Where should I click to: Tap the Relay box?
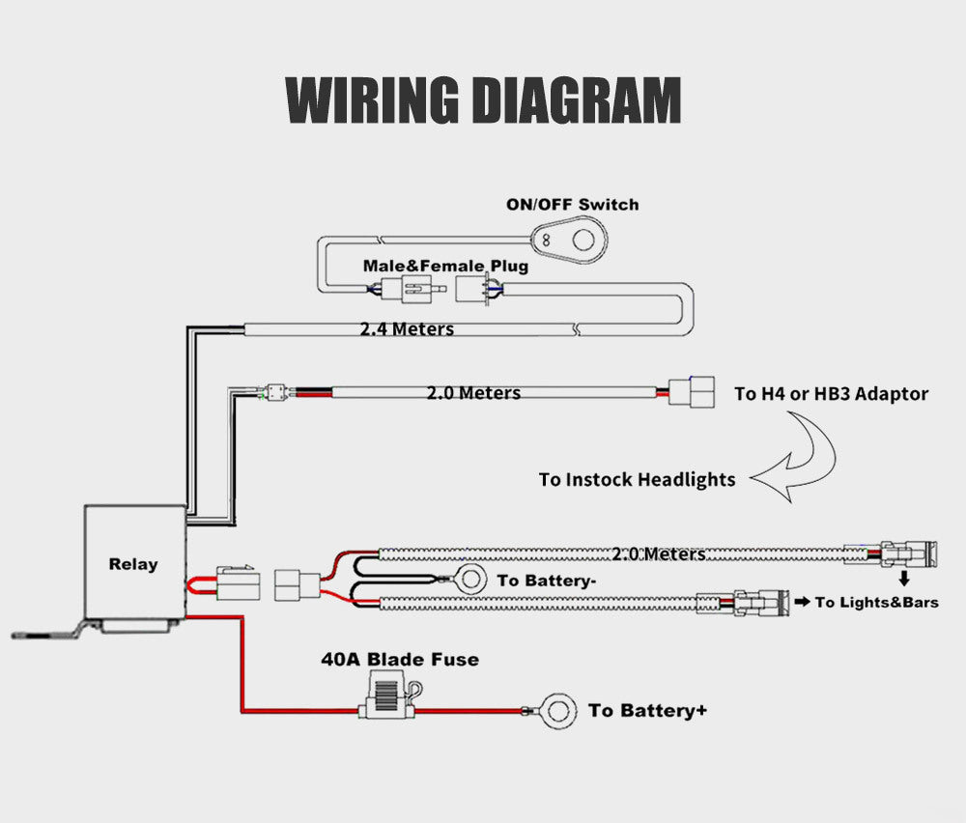[134, 563]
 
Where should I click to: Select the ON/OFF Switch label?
[572, 204]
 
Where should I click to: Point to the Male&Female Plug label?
[445, 265]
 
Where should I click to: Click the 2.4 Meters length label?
[407, 329]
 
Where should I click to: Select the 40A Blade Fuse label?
[400, 660]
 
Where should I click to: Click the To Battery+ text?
[647, 711]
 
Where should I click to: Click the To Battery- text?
[546, 581]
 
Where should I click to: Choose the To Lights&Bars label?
[876, 602]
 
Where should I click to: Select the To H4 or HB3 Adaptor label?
[831, 393]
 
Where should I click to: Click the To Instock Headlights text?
[637, 479]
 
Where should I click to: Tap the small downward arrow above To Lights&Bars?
[905, 579]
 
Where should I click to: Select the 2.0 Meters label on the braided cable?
[658, 553]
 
